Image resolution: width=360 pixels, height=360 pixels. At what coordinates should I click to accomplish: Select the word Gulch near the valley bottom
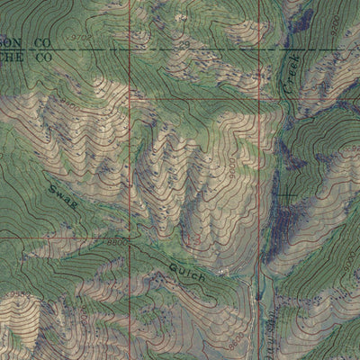(x=185, y=271)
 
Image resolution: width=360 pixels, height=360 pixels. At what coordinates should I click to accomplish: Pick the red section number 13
(x=193, y=239)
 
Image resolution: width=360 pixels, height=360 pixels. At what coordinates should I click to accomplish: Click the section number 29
(x=184, y=43)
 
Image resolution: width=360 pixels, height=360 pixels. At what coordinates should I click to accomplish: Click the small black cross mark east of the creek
(x=286, y=195)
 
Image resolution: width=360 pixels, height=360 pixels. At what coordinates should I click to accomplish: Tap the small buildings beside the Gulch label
(x=222, y=271)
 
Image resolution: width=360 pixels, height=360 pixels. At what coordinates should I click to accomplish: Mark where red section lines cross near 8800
(x=130, y=238)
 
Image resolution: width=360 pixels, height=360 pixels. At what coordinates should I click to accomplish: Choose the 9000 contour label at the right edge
(x=349, y=261)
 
